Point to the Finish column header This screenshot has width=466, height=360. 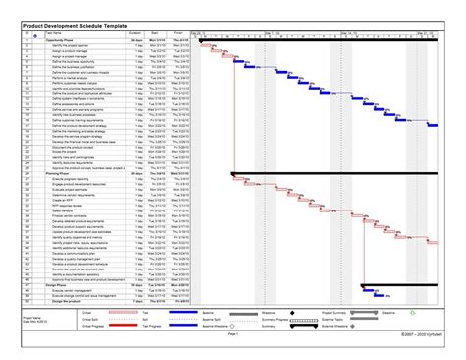coord(178,33)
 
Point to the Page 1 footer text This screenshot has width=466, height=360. coord(233,334)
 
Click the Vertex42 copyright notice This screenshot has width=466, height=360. coord(419,334)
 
